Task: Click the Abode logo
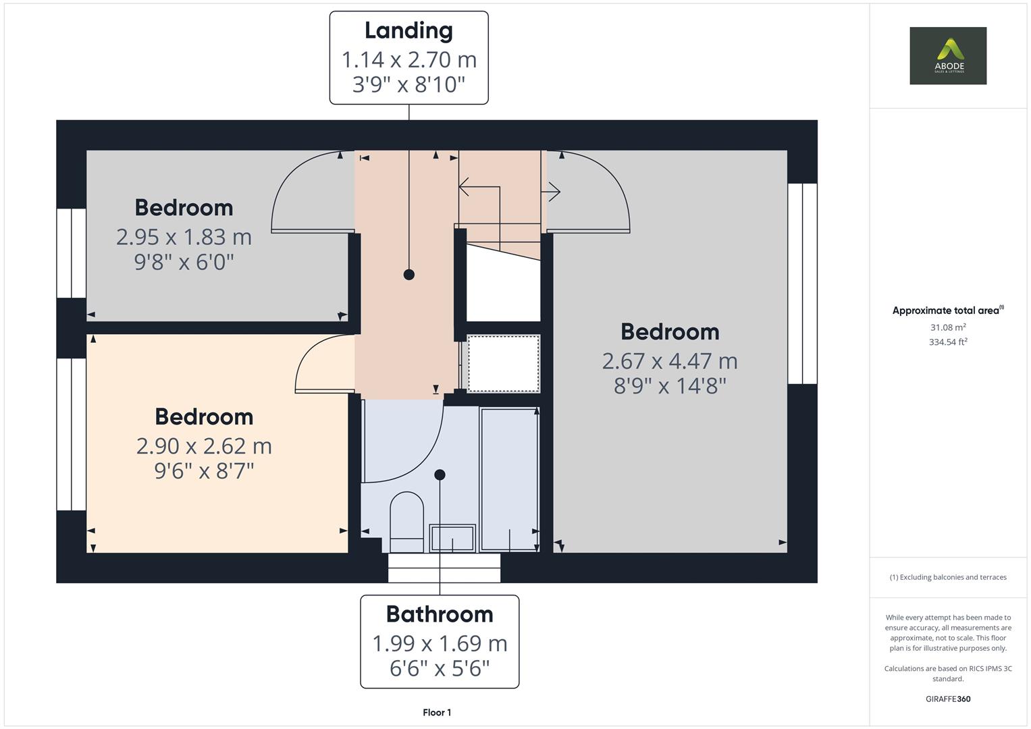tap(948, 55)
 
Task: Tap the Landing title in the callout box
tap(408, 31)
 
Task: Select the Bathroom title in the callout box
tap(440, 614)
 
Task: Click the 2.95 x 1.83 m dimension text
tap(184, 238)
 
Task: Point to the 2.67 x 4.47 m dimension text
tap(670, 361)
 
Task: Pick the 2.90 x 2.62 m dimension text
tap(204, 446)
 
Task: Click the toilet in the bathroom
tap(407, 522)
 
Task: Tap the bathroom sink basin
tap(452, 538)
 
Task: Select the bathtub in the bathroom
tap(510, 479)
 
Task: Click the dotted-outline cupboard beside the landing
tap(504, 364)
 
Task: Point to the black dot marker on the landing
tap(408, 275)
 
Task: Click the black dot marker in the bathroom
tap(440, 475)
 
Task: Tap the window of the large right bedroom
tap(802, 283)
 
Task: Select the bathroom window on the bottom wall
tap(444, 568)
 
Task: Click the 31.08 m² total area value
tap(948, 327)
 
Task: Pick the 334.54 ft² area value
tap(948, 342)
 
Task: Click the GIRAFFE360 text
tap(948, 699)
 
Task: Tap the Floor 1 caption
tap(437, 712)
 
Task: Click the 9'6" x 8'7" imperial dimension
tap(204, 471)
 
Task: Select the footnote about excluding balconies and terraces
tap(948, 577)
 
